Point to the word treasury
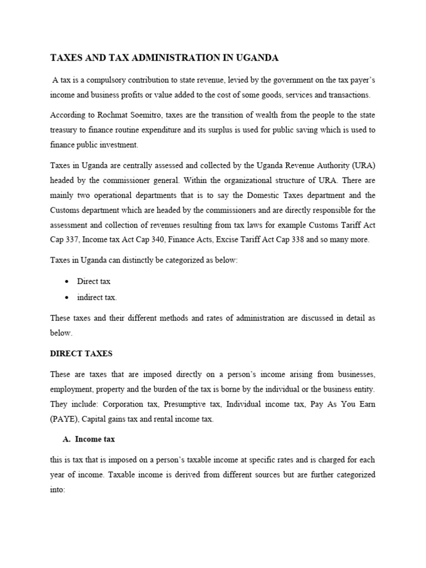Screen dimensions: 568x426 click(x=65, y=130)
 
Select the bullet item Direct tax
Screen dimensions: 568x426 click(x=93, y=282)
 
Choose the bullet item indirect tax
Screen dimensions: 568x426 click(x=97, y=298)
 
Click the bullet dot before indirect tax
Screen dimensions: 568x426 click(x=67, y=298)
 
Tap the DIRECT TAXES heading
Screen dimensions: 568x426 click(x=81, y=353)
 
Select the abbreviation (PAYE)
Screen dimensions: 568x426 click(x=64, y=419)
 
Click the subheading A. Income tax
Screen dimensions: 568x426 click(x=89, y=439)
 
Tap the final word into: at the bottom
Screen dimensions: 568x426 click(x=58, y=490)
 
